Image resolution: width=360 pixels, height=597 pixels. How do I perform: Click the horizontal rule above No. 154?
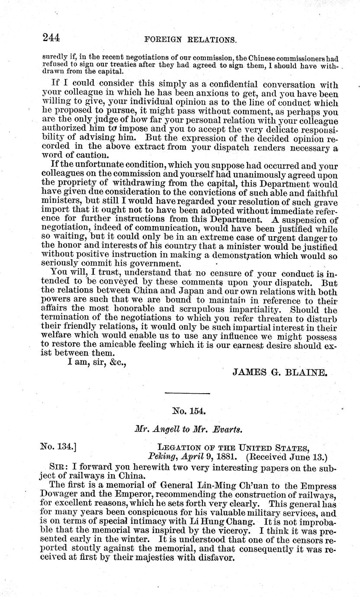click(x=187, y=393)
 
